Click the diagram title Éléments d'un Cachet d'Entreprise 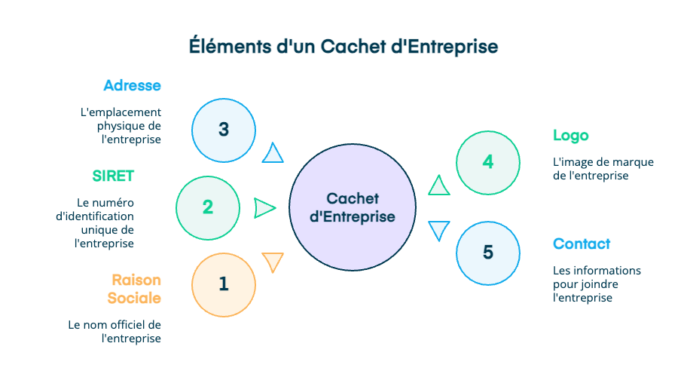[x=343, y=47]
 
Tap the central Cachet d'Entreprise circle [x=353, y=208]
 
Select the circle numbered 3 [x=224, y=130]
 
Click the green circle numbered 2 [x=208, y=207]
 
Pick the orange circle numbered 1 [x=223, y=284]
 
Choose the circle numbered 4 [x=488, y=162]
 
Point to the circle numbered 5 [x=488, y=253]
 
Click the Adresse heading [x=133, y=85]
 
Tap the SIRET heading [x=113, y=176]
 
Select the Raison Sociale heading [x=136, y=289]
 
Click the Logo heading [x=570, y=136]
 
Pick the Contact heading [x=581, y=244]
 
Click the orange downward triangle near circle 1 [x=273, y=262]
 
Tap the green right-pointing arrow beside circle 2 [x=264, y=208]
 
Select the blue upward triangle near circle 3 [x=273, y=154]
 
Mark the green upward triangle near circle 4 [x=438, y=185]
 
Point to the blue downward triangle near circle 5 [x=438, y=230]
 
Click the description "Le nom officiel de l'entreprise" [x=114, y=332]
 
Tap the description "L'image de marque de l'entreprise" [x=603, y=169]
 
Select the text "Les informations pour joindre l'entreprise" [x=597, y=283]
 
